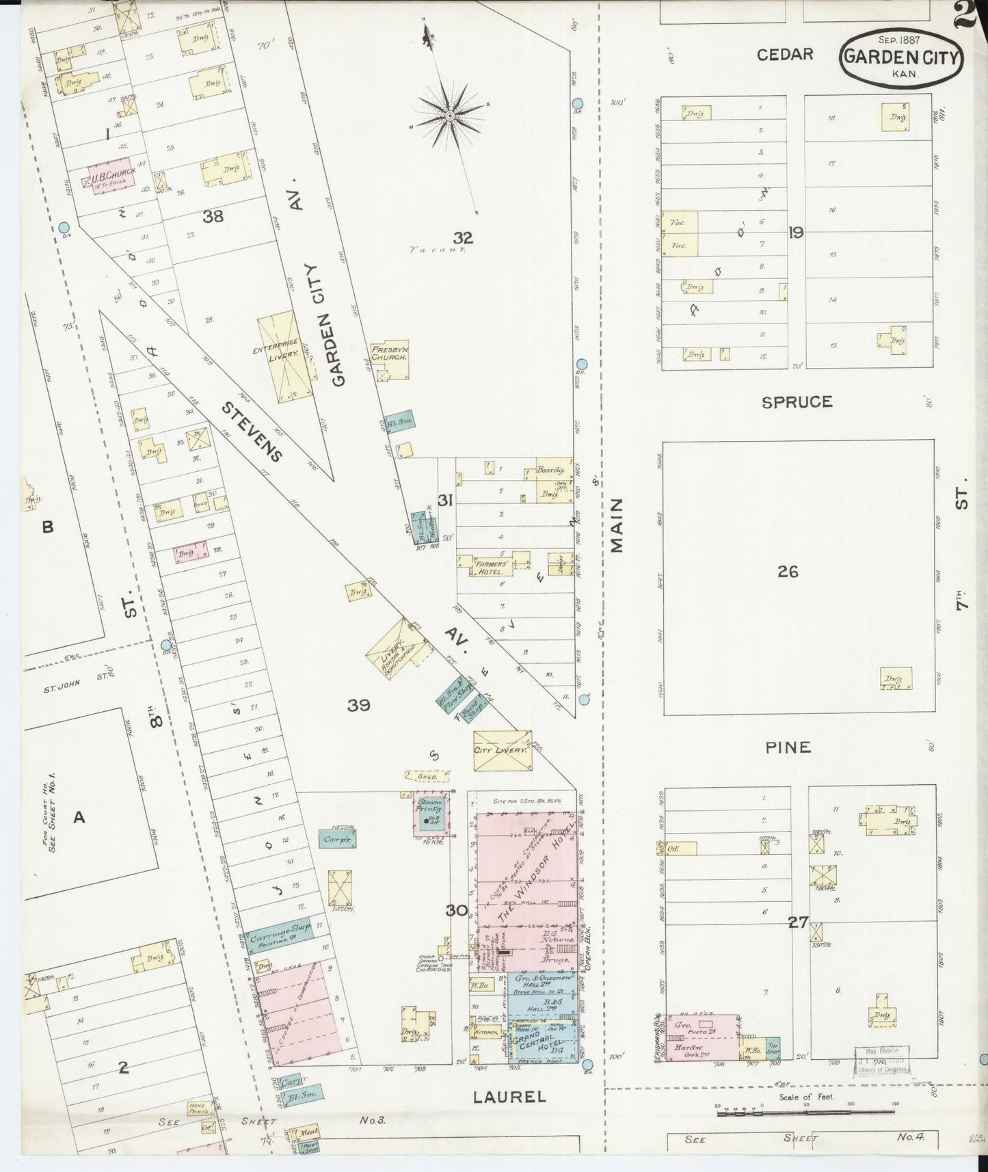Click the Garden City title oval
pos(901,57)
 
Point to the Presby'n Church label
pos(390,352)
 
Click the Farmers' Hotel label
pos(493,568)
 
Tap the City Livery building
pos(502,750)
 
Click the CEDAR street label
pos(785,54)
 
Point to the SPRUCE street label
pos(797,402)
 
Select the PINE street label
pos(788,747)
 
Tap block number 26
pos(788,572)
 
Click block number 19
pos(795,233)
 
